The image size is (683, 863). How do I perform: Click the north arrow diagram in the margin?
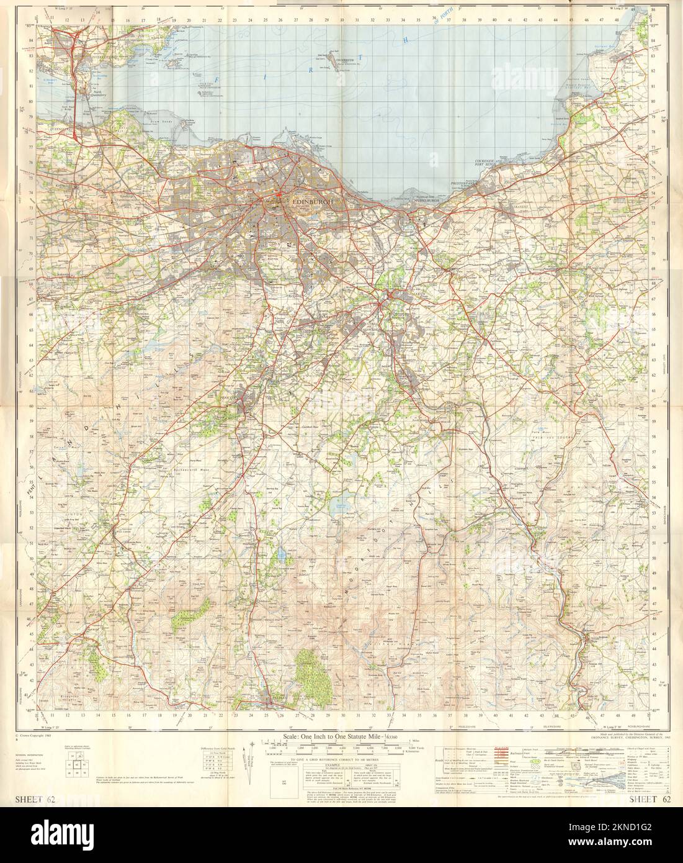(x=249, y=773)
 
